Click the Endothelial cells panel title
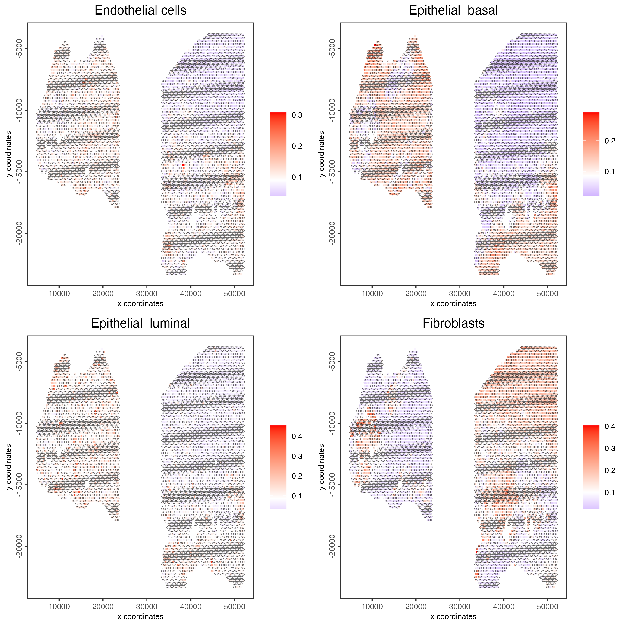pyautogui.click(x=140, y=11)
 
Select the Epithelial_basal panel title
pyautogui.click(x=453, y=11)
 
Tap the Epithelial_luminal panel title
pyautogui.click(x=140, y=323)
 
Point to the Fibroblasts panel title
pyautogui.click(x=453, y=323)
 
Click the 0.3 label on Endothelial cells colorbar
pyautogui.click(x=297, y=115)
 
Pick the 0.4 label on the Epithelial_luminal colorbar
pyautogui.click(x=297, y=436)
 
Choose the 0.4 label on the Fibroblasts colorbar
pyautogui.click(x=610, y=426)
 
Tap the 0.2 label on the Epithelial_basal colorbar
pyautogui.click(x=610, y=141)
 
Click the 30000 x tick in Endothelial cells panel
pyautogui.click(x=147, y=294)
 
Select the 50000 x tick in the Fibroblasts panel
pyautogui.click(x=547, y=607)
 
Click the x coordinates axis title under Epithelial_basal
pyautogui.click(x=453, y=303)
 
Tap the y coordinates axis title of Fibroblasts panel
pyautogui.click(x=322, y=467)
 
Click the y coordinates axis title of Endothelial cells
pyautogui.click(x=9, y=154)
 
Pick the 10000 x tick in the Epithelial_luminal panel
pyautogui.click(x=59, y=607)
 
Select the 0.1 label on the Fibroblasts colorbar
pyautogui.click(x=610, y=492)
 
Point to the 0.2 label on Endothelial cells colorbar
pyautogui.click(x=297, y=146)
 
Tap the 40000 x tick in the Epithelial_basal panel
pyautogui.click(x=504, y=294)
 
